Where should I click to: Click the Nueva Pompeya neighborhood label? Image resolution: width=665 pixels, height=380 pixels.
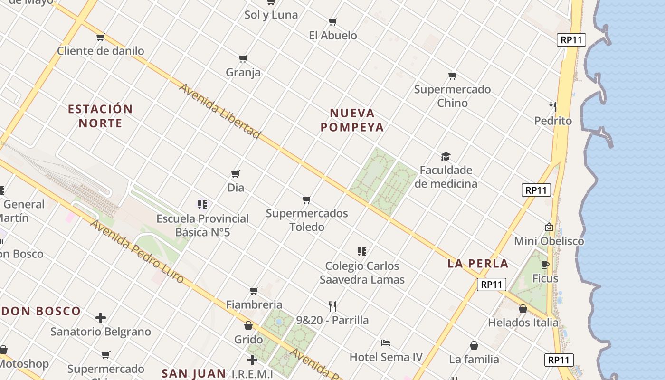(352, 120)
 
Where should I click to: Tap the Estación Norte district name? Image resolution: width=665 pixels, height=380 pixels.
(100, 116)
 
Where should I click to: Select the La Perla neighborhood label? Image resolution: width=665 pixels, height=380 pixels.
(478, 264)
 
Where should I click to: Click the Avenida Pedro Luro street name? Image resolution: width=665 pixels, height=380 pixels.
(137, 252)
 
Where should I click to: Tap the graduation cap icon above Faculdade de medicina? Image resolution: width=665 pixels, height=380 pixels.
(446, 156)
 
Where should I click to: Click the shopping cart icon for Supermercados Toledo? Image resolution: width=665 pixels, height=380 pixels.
(307, 199)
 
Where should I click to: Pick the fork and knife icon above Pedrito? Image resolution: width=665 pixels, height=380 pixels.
(552, 106)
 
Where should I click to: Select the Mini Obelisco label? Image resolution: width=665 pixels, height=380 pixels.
(549, 241)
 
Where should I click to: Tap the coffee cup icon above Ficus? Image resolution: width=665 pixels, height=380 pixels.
(545, 265)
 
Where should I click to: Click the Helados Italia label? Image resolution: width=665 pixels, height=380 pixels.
(523, 323)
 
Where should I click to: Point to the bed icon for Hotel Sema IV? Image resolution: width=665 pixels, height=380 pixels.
(386, 342)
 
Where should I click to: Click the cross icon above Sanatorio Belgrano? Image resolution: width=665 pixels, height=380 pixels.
(101, 317)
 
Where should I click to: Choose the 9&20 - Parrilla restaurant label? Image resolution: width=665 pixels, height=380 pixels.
(332, 320)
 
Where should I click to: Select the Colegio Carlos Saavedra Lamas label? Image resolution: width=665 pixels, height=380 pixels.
(362, 273)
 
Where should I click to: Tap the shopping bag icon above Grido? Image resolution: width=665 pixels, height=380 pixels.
(248, 325)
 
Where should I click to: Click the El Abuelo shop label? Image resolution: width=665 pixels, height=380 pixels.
(333, 35)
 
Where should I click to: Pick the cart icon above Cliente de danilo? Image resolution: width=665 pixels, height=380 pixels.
(100, 37)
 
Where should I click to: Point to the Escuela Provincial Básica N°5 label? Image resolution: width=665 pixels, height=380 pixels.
(203, 226)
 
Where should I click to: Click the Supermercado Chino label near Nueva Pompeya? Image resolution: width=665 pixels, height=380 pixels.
(452, 96)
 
